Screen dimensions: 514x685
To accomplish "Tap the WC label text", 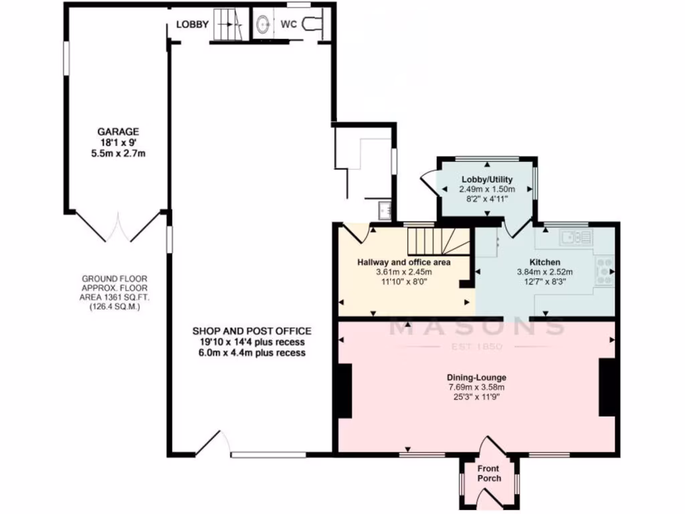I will [289, 25].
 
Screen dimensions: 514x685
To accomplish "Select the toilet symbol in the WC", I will [313, 24].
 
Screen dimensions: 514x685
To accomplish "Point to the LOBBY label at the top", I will [193, 25].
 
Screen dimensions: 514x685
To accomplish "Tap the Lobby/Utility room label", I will [486, 180].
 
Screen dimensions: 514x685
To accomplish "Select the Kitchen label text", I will [545, 262].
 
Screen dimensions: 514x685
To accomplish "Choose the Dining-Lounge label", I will [476, 377].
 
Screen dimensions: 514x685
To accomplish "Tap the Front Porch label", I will [488, 474].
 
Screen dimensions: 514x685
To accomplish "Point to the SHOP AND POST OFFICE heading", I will [252, 331].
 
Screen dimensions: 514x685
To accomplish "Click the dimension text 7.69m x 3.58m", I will [476, 387].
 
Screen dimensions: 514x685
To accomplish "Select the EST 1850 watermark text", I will [477, 347].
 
